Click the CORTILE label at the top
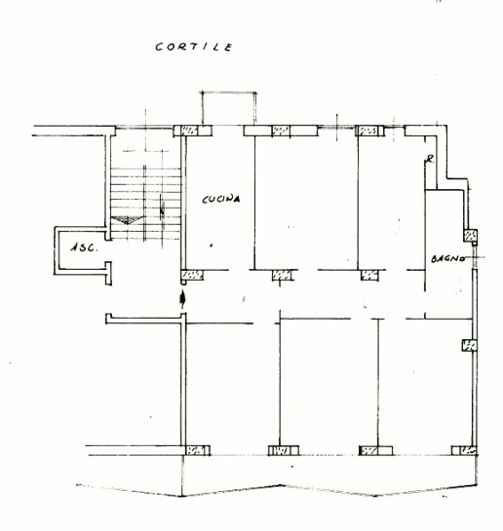(194, 47)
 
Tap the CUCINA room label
(221, 199)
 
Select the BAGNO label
(447, 259)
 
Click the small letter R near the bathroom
(430, 159)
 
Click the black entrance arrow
(183, 299)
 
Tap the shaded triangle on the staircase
(128, 220)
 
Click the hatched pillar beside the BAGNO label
(471, 236)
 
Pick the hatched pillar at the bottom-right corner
(464, 450)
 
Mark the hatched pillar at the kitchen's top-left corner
(190, 131)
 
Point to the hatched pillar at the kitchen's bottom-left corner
(192, 275)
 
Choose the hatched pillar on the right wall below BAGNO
(470, 346)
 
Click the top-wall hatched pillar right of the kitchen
(281, 131)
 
